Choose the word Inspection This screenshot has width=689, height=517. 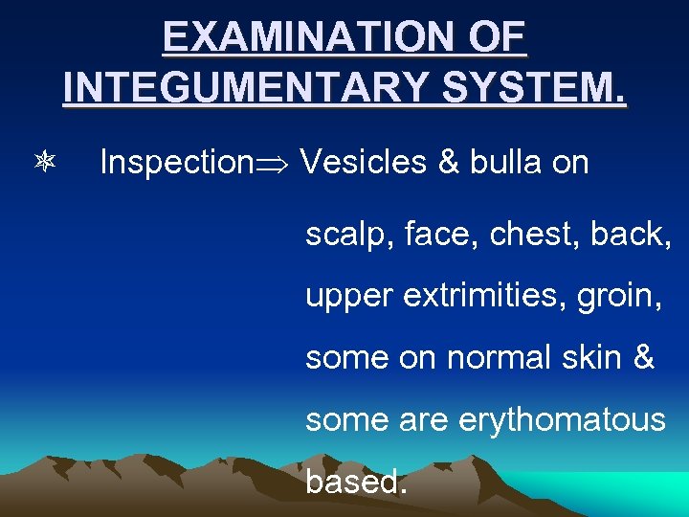click(x=174, y=164)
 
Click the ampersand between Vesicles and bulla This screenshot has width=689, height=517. click(x=449, y=163)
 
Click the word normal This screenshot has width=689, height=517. click(x=498, y=358)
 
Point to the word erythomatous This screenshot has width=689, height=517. click(x=565, y=419)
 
